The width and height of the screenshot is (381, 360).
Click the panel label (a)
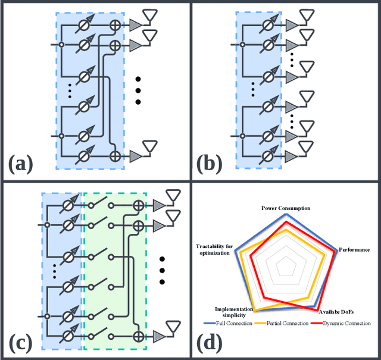(21, 161)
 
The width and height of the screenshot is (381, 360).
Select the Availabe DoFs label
(333, 311)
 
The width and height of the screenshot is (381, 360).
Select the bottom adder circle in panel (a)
(115, 156)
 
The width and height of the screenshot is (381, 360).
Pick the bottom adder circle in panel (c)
(138, 335)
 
